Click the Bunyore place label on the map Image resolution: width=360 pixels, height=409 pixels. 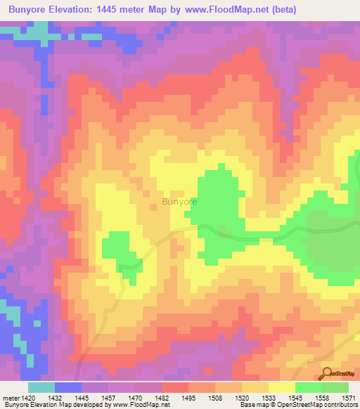coord(180,202)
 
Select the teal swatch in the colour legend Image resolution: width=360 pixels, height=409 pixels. coord(41,387)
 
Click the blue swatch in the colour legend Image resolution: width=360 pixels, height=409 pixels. coord(68,387)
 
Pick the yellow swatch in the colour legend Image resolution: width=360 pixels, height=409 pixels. coord(281,387)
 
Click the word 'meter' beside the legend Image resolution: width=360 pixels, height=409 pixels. coord(12,397)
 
